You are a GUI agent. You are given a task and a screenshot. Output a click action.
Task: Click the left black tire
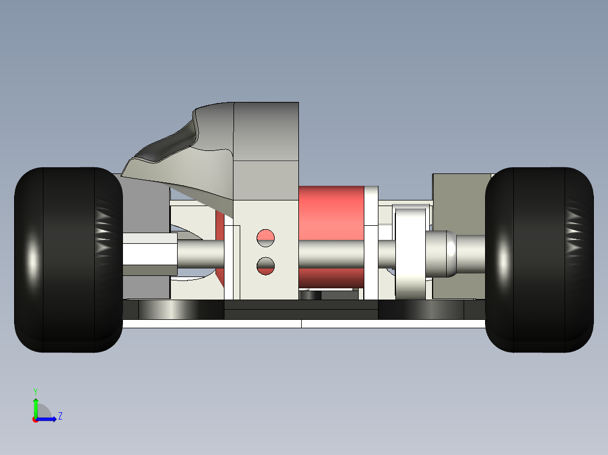click(68, 260)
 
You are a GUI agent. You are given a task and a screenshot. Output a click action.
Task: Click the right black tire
click(539, 260)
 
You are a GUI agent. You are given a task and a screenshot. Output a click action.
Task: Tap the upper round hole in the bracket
click(266, 238)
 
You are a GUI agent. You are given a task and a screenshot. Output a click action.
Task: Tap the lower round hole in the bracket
click(266, 266)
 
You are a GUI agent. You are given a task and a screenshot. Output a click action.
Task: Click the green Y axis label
click(36, 391)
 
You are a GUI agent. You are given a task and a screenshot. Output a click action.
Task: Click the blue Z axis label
click(60, 416)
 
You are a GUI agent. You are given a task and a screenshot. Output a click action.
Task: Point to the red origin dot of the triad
click(36, 420)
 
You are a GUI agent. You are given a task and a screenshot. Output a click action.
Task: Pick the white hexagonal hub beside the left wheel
click(150, 254)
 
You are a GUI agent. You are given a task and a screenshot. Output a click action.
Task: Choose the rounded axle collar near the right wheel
click(441, 254)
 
